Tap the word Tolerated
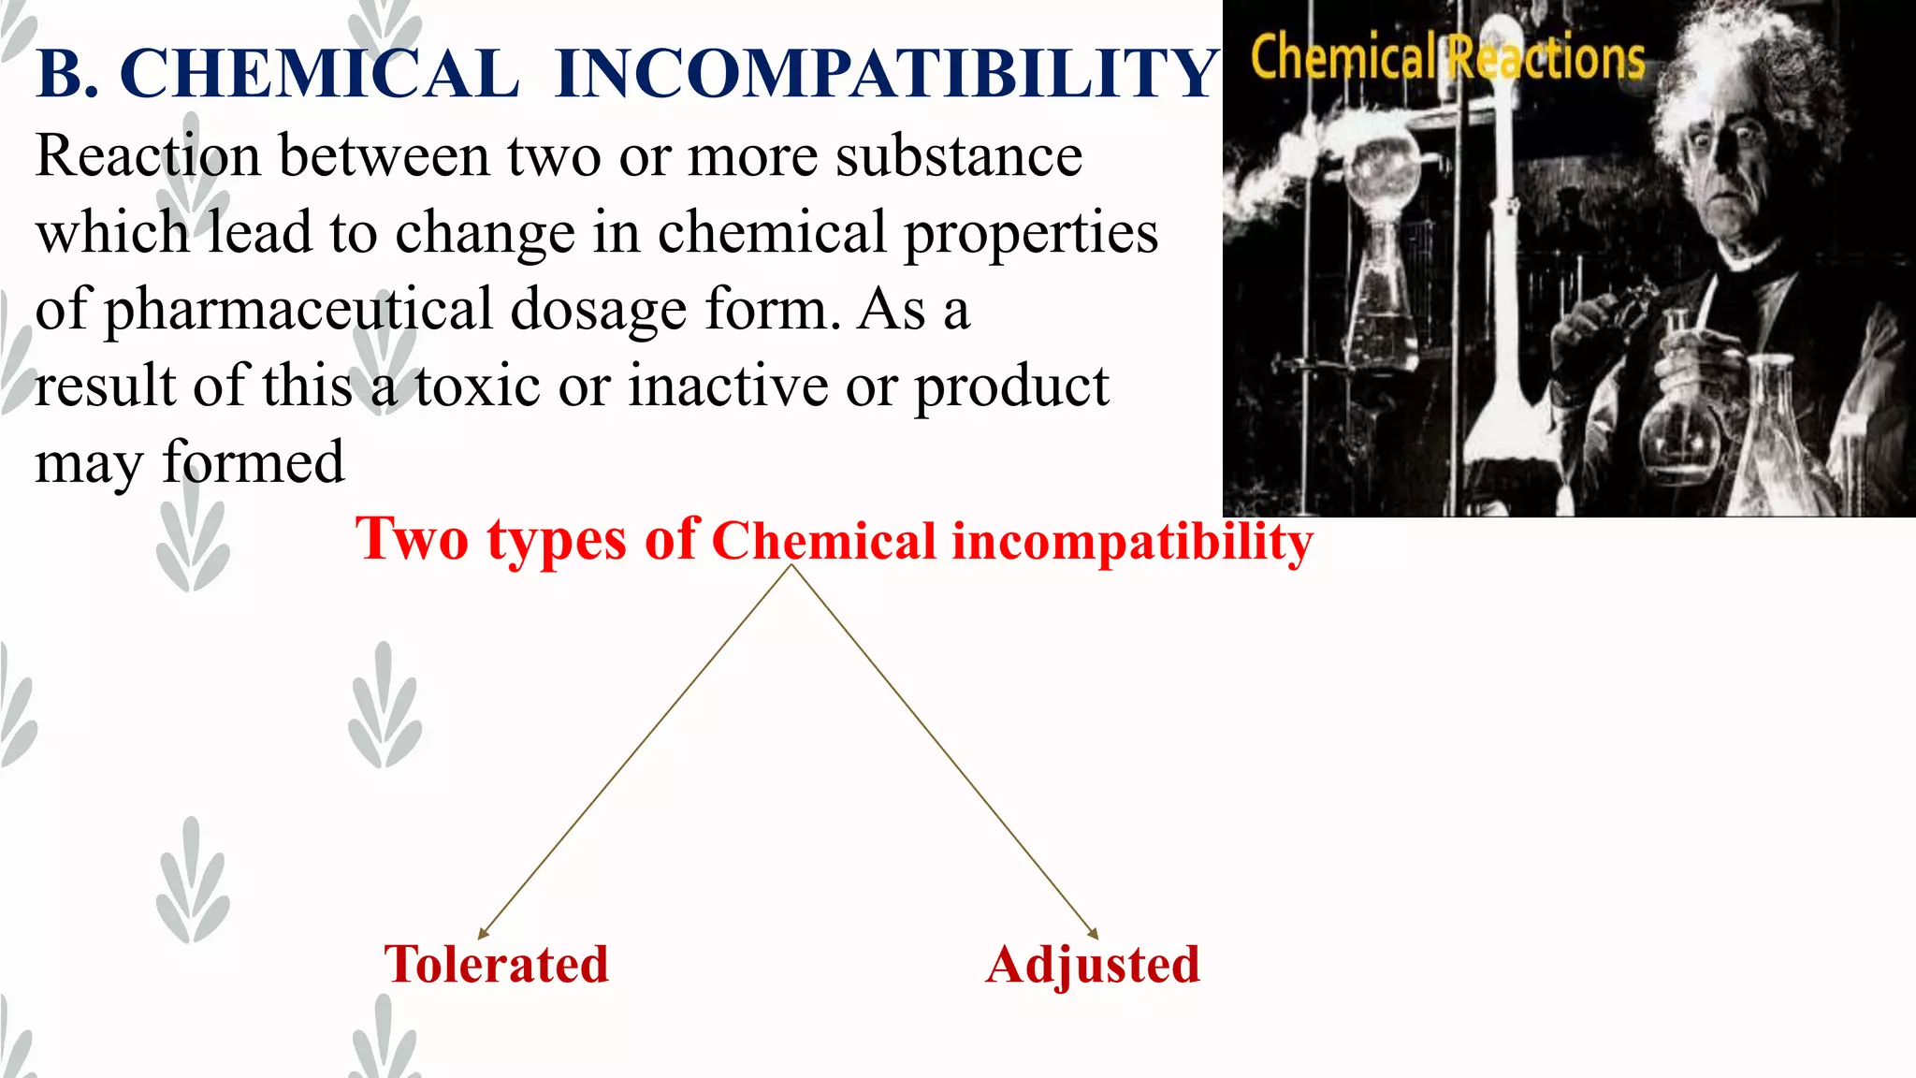496,964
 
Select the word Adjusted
1093,966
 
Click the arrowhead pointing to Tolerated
483,933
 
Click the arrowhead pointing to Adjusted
1093,933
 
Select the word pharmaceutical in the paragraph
298,311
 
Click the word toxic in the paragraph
477,386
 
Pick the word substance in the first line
959,155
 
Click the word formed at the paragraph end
253,462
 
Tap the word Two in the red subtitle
412,539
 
